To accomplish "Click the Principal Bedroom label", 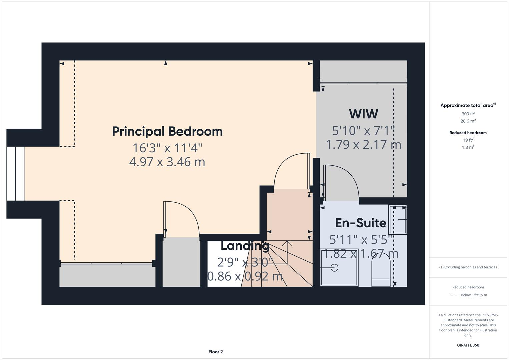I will coord(167,131).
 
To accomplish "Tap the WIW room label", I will coord(363,114).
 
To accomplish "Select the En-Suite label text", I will coord(360,223).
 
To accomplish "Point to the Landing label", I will coord(245,246).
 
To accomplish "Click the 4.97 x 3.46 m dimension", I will coord(167,162).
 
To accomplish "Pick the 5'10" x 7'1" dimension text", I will coord(363,131).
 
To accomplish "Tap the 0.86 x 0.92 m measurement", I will coord(245,276).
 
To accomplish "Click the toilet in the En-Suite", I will coord(381,270).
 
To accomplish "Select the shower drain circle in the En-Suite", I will coord(334,267).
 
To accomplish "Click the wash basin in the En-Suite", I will coord(398,220).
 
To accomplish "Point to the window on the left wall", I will coord(15,173).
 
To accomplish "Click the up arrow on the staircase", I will coord(287,243).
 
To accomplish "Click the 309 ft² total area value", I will coord(468,114).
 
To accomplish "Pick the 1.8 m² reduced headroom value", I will coord(468,147).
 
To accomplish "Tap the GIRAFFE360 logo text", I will coord(468,345).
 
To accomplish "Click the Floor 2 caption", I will coord(216,352).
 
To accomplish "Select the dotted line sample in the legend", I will coord(454,295).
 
